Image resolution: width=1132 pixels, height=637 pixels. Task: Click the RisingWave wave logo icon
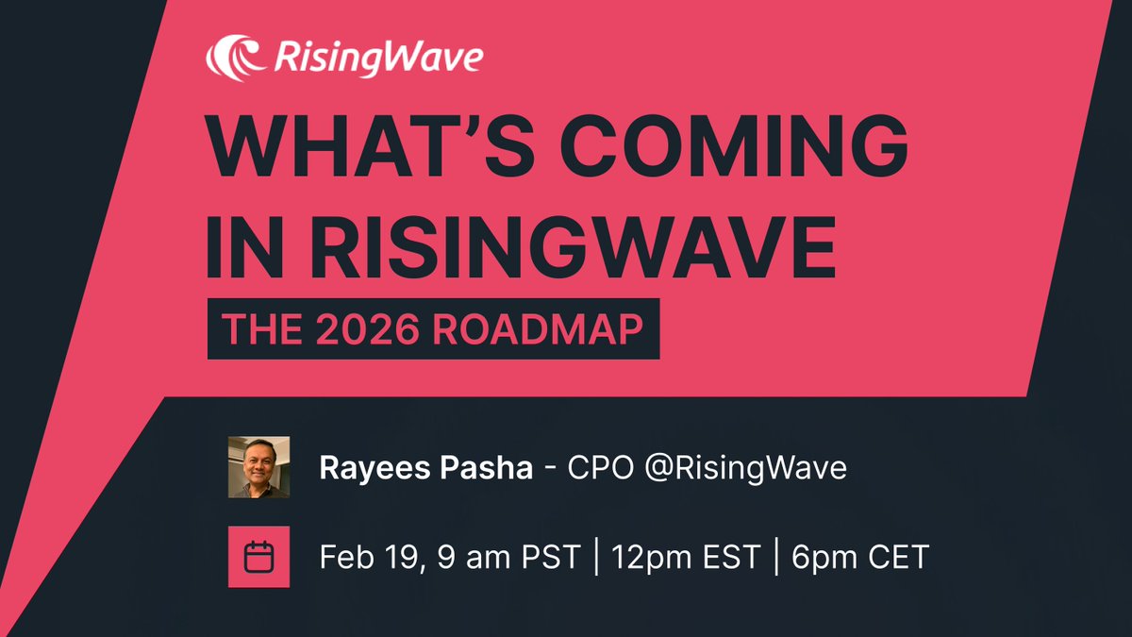[234, 58]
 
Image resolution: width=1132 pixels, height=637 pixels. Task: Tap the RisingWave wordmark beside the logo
[377, 59]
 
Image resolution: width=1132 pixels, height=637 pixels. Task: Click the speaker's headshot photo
[258, 466]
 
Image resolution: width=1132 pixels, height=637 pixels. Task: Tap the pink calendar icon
[258, 557]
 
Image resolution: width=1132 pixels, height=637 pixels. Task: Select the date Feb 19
[367, 557]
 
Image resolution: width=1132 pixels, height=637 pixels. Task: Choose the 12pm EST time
[686, 557]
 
